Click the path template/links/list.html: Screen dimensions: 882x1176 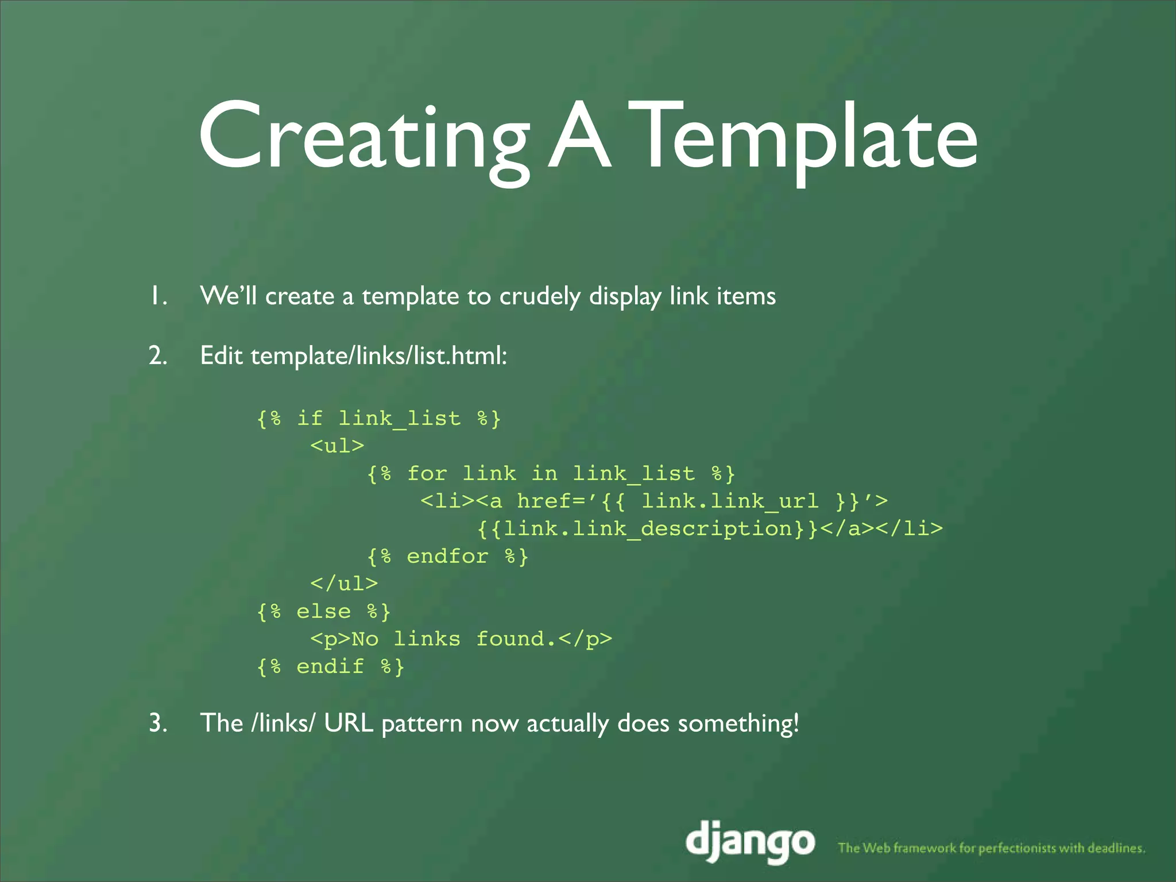pyautogui.click(x=379, y=356)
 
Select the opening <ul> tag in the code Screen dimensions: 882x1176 pyautogui.click(x=337, y=446)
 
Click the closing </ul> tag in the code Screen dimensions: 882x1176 pyautogui.click(x=343, y=583)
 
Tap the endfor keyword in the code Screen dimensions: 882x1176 pyautogui.click(x=447, y=556)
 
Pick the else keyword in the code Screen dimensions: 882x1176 pyautogui.click(x=323, y=611)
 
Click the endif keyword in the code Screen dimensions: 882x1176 pyautogui.click(x=330, y=666)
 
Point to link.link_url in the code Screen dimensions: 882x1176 pyautogui.click(x=729, y=501)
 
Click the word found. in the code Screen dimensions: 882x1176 pyautogui.click(x=516, y=639)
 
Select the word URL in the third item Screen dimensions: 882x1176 pyautogui.click(x=349, y=723)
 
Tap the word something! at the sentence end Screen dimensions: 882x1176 pyautogui.click(x=738, y=723)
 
